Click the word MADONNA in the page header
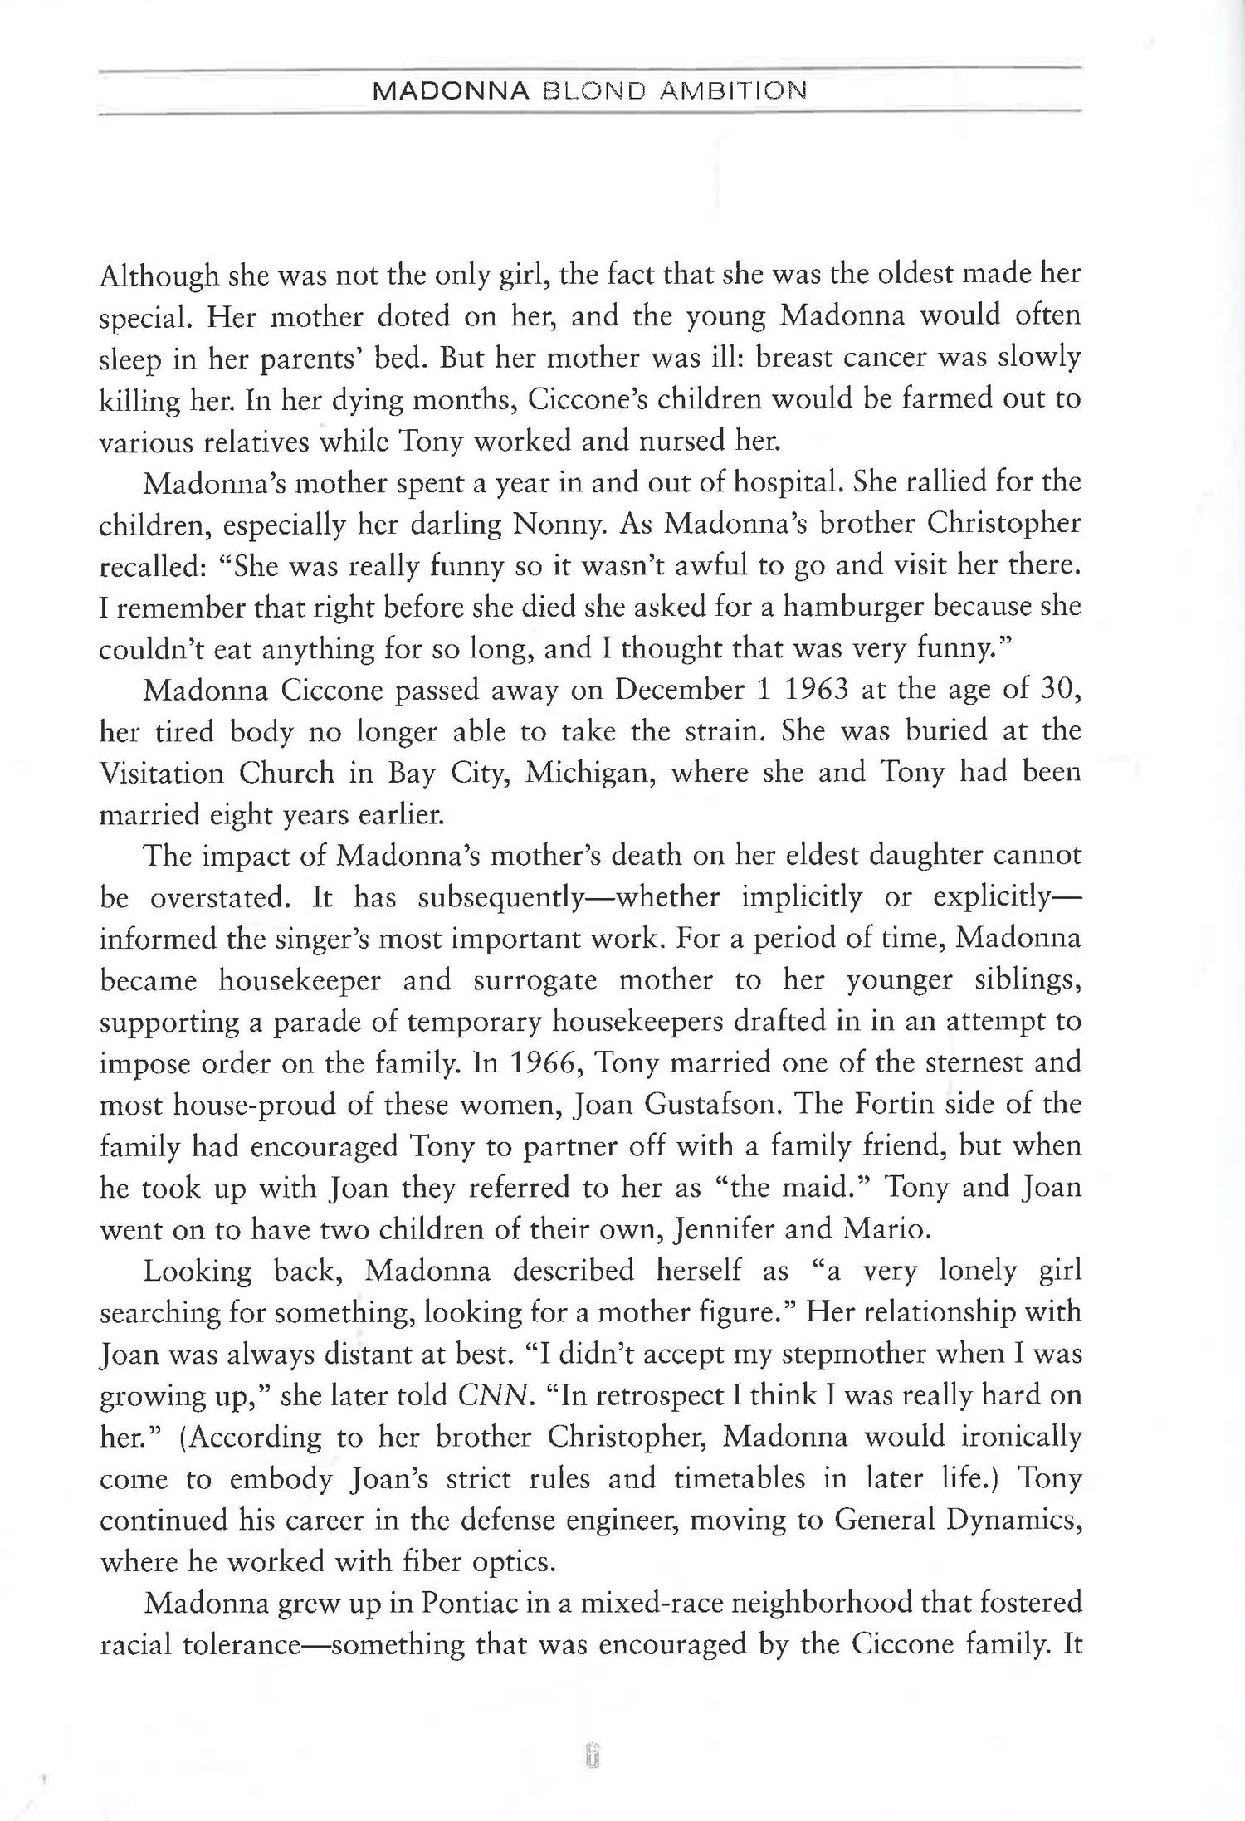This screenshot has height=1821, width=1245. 452,90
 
